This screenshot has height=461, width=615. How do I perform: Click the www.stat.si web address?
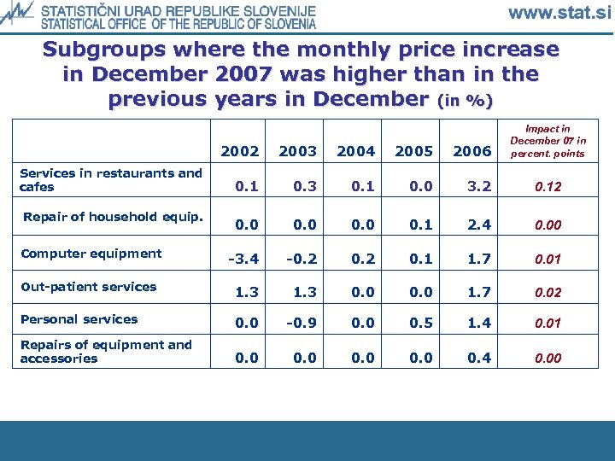pyautogui.click(x=559, y=13)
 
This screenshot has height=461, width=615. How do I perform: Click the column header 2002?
pyautogui.click(x=240, y=151)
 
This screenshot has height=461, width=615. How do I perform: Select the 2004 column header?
pyautogui.click(x=356, y=151)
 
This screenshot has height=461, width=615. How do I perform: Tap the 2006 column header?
pyautogui.click(x=472, y=151)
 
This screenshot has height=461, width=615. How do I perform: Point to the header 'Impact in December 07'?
pyautogui.click(x=548, y=141)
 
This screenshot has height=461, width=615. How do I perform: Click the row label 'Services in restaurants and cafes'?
pyautogui.click(x=111, y=180)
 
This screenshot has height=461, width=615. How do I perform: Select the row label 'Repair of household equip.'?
pyautogui.click(x=113, y=217)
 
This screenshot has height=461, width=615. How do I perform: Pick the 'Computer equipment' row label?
pyautogui.click(x=91, y=254)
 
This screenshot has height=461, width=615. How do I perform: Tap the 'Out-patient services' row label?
pyautogui.click(x=88, y=287)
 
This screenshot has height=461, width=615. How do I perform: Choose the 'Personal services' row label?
pyautogui.click(x=79, y=319)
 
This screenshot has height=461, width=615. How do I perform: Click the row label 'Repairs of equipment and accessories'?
pyautogui.click(x=106, y=352)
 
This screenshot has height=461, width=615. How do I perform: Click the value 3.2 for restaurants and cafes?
pyautogui.click(x=472, y=187)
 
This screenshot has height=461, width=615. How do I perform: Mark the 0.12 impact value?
pyautogui.click(x=548, y=187)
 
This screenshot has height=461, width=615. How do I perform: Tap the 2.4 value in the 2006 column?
pyautogui.click(x=472, y=225)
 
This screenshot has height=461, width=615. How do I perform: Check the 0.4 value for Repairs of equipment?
pyautogui.click(x=472, y=359)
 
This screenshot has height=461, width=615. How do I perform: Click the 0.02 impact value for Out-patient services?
pyautogui.click(x=548, y=293)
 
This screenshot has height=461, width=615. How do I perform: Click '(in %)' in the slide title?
pyautogui.click(x=464, y=102)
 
